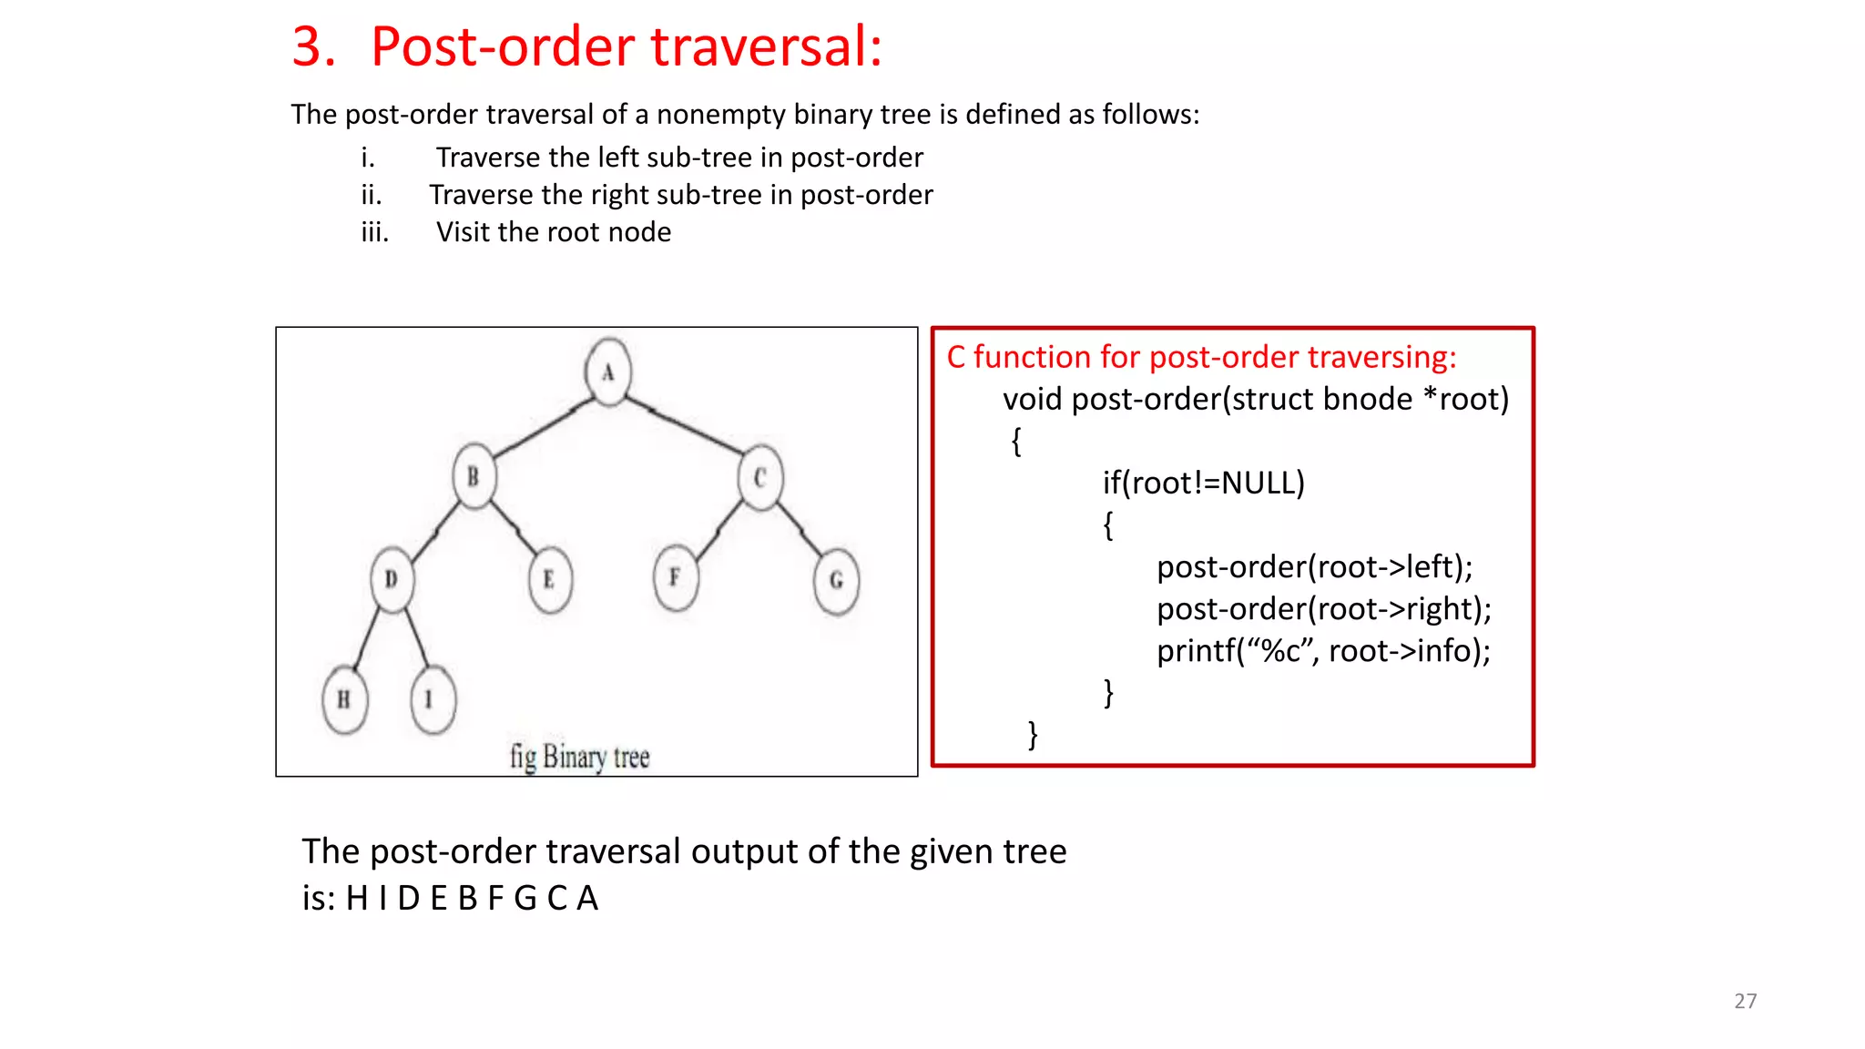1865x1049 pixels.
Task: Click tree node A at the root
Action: pos(608,372)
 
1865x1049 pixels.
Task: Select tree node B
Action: pos(474,476)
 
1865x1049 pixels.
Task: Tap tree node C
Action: pos(760,477)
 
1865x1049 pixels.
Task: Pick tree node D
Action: pos(392,579)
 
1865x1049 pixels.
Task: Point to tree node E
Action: pos(549,579)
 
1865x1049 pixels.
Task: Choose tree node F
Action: pos(675,577)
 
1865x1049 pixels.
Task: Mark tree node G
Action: pos(836,580)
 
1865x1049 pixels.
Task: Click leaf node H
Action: pos(344,699)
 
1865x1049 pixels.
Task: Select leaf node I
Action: pos(432,699)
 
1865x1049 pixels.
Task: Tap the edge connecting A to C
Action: pos(685,425)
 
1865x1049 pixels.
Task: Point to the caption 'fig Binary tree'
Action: pos(579,756)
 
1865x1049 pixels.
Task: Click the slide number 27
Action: pos(1745,1001)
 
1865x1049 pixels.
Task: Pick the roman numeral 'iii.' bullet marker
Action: pos(374,232)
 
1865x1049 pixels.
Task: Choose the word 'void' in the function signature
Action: pos(1033,399)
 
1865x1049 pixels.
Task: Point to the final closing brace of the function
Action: pos(1033,734)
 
